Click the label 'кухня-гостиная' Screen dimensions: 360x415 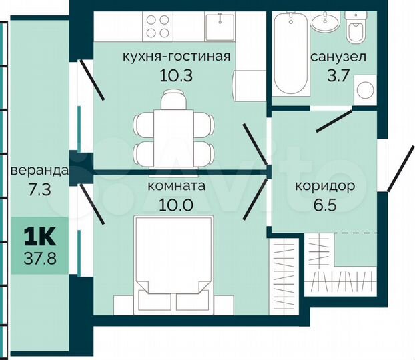pyautogui.click(x=176, y=57)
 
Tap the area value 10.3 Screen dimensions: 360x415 pyautogui.click(x=176, y=75)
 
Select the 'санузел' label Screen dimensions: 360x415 pyautogui.click(x=338, y=57)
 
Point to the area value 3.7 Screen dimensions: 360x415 pyautogui.click(x=337, y=75)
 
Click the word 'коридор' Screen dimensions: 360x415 pyautogui.click(x=324, y=187)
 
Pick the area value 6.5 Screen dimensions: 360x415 pyautogui.click(x=324, y=205)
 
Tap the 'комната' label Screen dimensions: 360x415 pyautogui.click(x=176, y=187)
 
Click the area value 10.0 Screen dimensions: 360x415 pyautogui.click(x=176, y=205)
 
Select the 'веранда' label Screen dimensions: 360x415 pyautogui.click(x=39, y=171)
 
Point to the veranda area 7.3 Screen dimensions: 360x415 pyautogui.click(x=39, y=189)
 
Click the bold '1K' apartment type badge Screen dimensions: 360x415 pyautogui.click(x=39, y=237)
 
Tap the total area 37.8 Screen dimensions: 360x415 pyautogui.click(x=39, y=257)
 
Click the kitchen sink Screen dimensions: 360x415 pyautogui.click(x=218, y=27)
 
